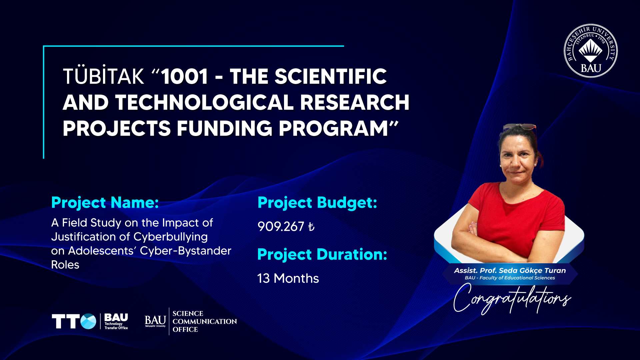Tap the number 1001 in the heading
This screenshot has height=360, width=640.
tap(185, 76)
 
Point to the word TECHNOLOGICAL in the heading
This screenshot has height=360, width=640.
tap(204, 102)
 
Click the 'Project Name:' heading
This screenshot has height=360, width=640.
tap(105, 203)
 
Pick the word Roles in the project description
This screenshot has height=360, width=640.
tap(65, 265)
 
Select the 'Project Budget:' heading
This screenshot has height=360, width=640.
tap(317, 203)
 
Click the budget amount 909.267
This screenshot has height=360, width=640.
tap(281, 227)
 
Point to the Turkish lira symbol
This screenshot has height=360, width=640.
tap(311, 227)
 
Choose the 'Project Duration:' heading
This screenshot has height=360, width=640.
tap(322, 255)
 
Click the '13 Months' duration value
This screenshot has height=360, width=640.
tap(288, 278)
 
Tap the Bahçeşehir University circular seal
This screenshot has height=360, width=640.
tap(591, 51)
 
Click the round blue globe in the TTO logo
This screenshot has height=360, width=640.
tap(88, 321)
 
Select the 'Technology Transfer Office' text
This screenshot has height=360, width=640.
tap(116, 326)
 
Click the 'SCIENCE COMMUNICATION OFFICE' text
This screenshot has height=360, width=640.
tap(205, 321)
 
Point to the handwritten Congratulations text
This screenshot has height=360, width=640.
tap(512, 299)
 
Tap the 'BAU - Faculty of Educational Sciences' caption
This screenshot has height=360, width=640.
tap(510, 278)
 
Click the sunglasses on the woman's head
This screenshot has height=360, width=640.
tap(520, 127)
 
